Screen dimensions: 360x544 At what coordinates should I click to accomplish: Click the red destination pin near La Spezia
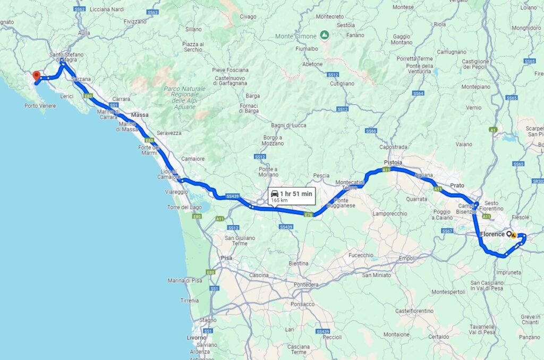click(x=36, y=75)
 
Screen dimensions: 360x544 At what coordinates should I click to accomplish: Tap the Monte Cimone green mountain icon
click(x=324, y=36)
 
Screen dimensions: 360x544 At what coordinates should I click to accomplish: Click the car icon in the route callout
click(x=275, y=193)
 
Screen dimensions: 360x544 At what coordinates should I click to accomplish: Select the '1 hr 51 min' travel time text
click(x=296, y=194)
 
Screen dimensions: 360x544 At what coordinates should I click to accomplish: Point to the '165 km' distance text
click(x=279, y=201)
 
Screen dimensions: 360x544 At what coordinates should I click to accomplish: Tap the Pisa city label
click(x=226, y=258)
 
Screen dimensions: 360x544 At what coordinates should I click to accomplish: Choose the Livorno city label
click(x=197, y=338)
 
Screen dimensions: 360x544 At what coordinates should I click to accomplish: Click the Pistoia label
click(x=393, y=162)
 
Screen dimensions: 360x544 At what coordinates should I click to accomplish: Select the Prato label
click(x=457, y=185)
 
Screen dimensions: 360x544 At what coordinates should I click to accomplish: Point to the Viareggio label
click(x=176, y=191)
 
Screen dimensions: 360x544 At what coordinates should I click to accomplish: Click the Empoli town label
click(x=406, y=259)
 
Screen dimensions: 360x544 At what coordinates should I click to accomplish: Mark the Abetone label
click(x=312, y=64)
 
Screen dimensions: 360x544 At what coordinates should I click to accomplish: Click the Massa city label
click(x=140, y=115)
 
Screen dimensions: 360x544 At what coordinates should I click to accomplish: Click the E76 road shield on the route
click(x=308, y=215)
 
